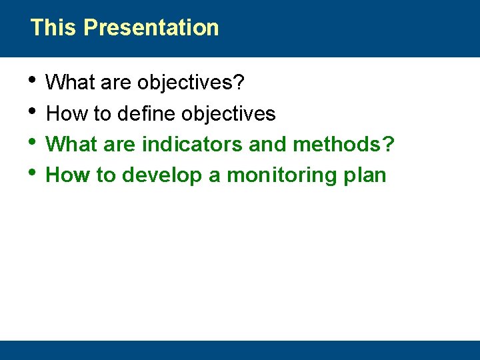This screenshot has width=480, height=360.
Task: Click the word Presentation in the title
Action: (151, 28)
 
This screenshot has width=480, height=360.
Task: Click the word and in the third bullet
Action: (267, 144)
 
